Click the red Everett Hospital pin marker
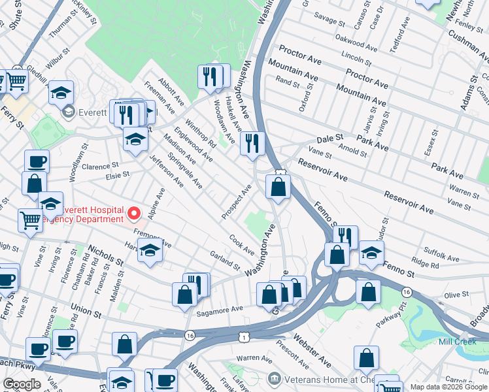[x=134, y=213]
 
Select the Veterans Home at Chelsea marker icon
[x=274, y=378]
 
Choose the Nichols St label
[x=105, y=255]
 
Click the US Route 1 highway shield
[x=244, y=336]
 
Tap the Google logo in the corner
[x=22, y=384]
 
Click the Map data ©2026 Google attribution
[x=447, y=387]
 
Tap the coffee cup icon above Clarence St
[x=37, y=161]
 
